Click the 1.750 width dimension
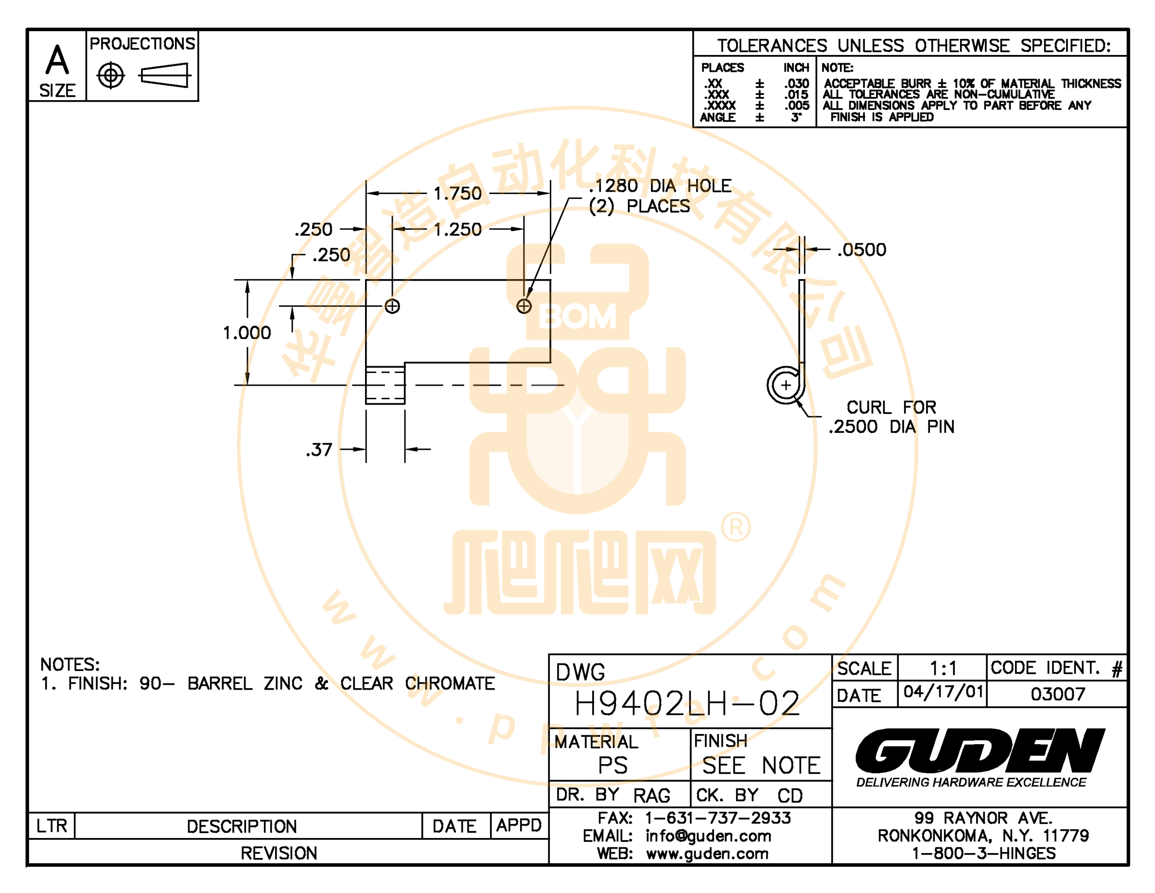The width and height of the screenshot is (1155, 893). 457,194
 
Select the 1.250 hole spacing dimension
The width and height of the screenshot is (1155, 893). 457,230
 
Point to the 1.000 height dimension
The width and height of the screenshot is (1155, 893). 246,333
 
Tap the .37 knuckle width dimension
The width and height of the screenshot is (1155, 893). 319,450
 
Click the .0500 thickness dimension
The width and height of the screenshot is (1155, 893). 861,250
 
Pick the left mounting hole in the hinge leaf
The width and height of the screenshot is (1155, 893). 392,306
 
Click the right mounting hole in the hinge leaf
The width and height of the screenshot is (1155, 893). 524,306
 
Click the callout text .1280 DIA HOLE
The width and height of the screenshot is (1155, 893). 660,186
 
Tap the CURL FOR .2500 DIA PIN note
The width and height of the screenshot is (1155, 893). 892,417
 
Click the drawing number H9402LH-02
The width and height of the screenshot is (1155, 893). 687,703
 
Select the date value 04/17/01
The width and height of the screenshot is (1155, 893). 943,692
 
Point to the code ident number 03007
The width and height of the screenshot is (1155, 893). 1058,694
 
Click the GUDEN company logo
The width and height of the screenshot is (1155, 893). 980,750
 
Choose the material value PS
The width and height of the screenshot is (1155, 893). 612,765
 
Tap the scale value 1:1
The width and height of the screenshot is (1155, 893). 943,669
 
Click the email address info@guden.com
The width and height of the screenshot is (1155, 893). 708,836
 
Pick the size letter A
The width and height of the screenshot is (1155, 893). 57,60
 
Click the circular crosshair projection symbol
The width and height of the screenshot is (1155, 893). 110,76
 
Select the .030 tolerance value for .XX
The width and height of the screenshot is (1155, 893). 796,84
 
